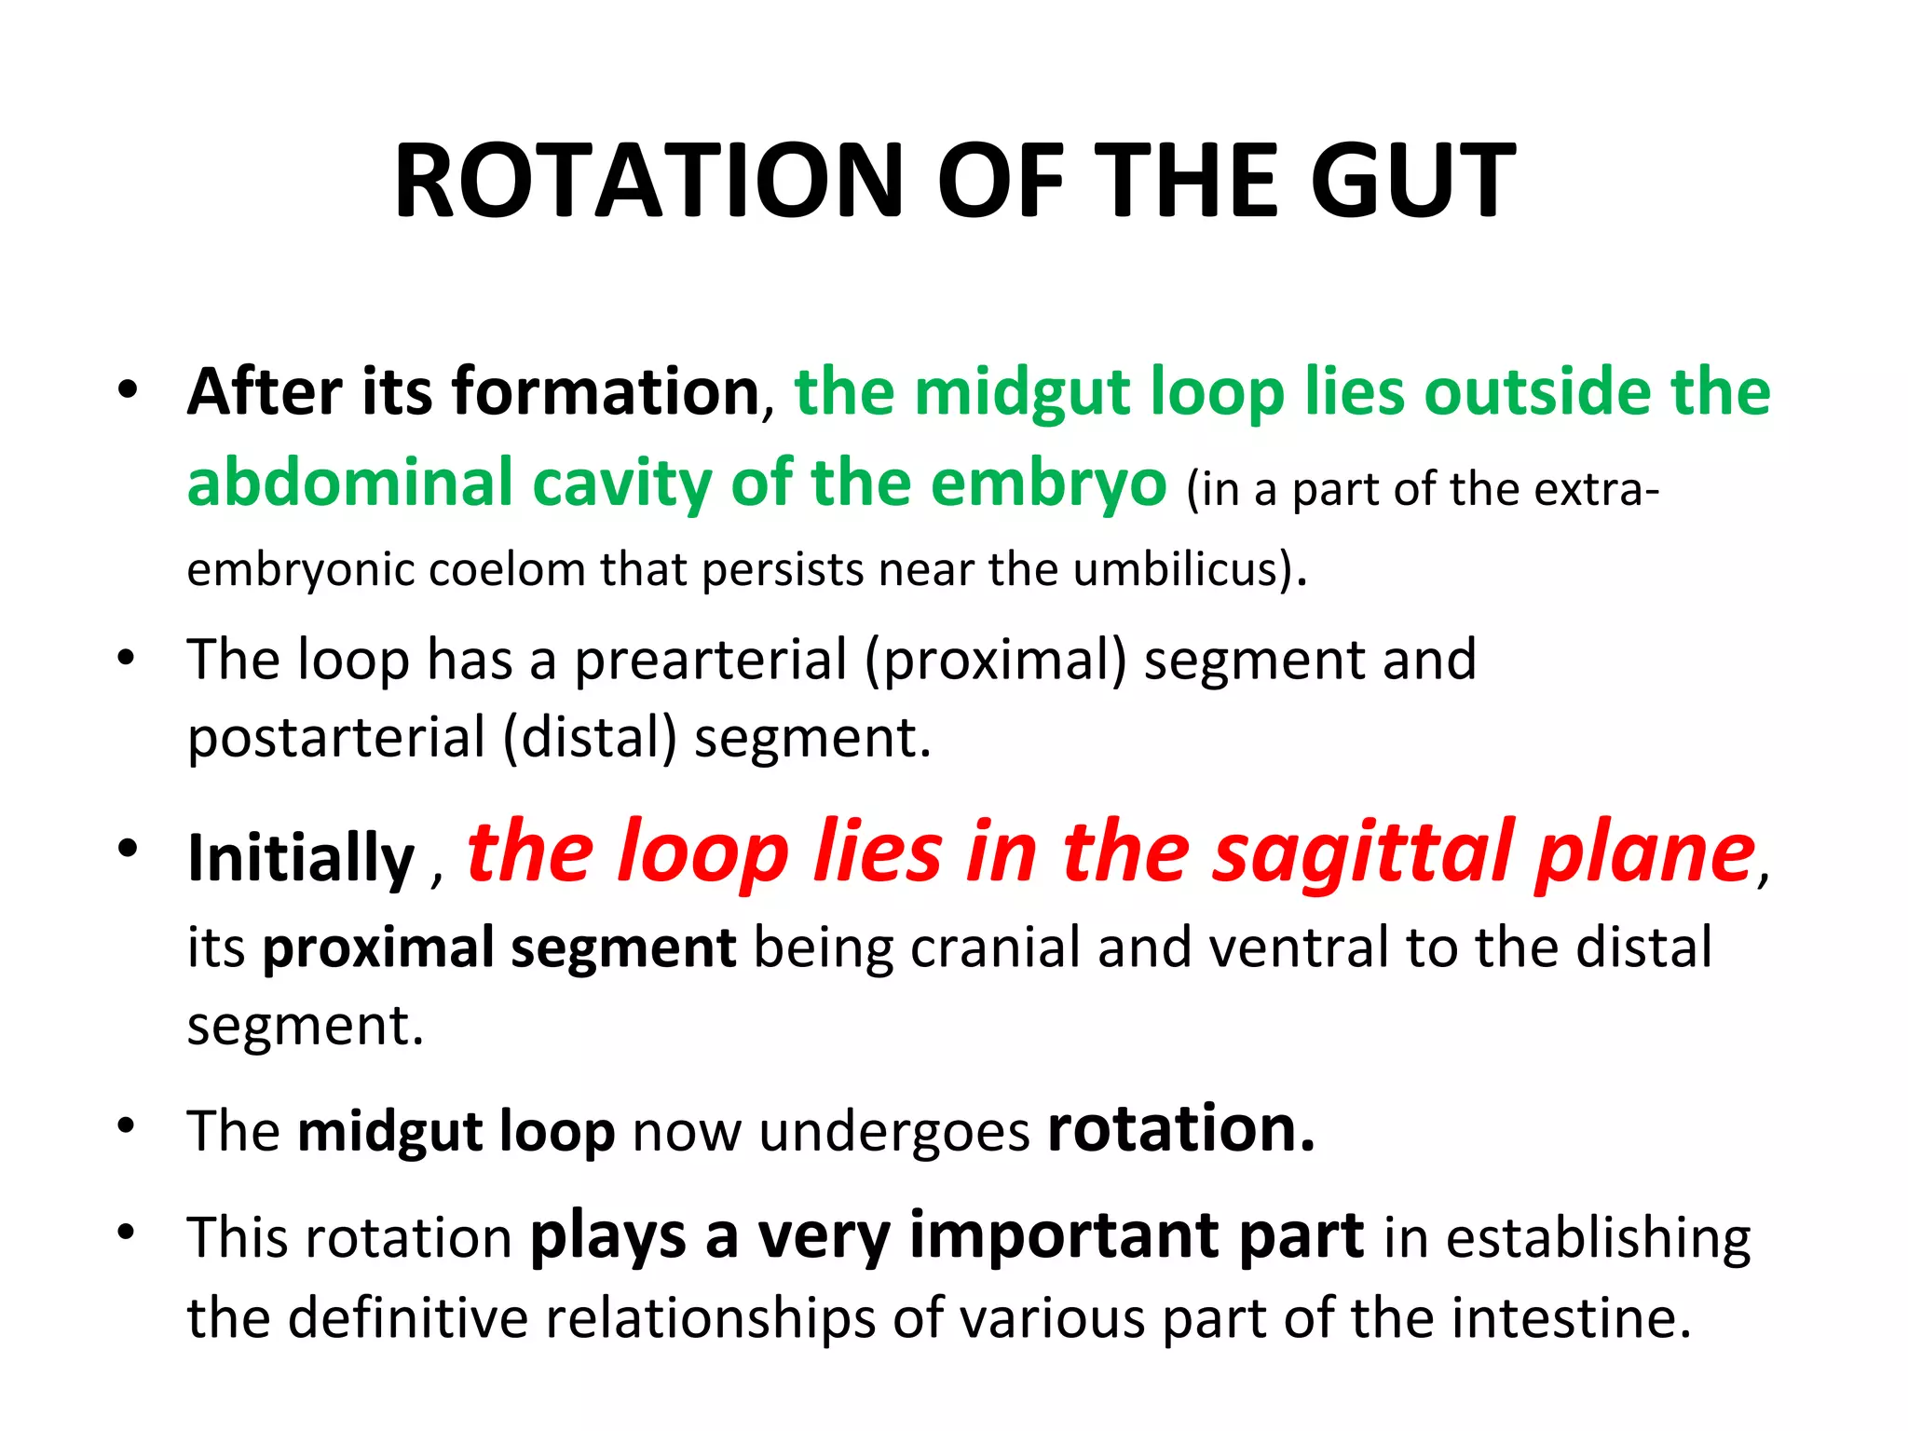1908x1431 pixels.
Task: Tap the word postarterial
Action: click(x=336, y=738)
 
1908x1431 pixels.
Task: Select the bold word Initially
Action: click(x=300, y=857)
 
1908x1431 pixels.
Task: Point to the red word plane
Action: click(x=1645, y=852)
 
